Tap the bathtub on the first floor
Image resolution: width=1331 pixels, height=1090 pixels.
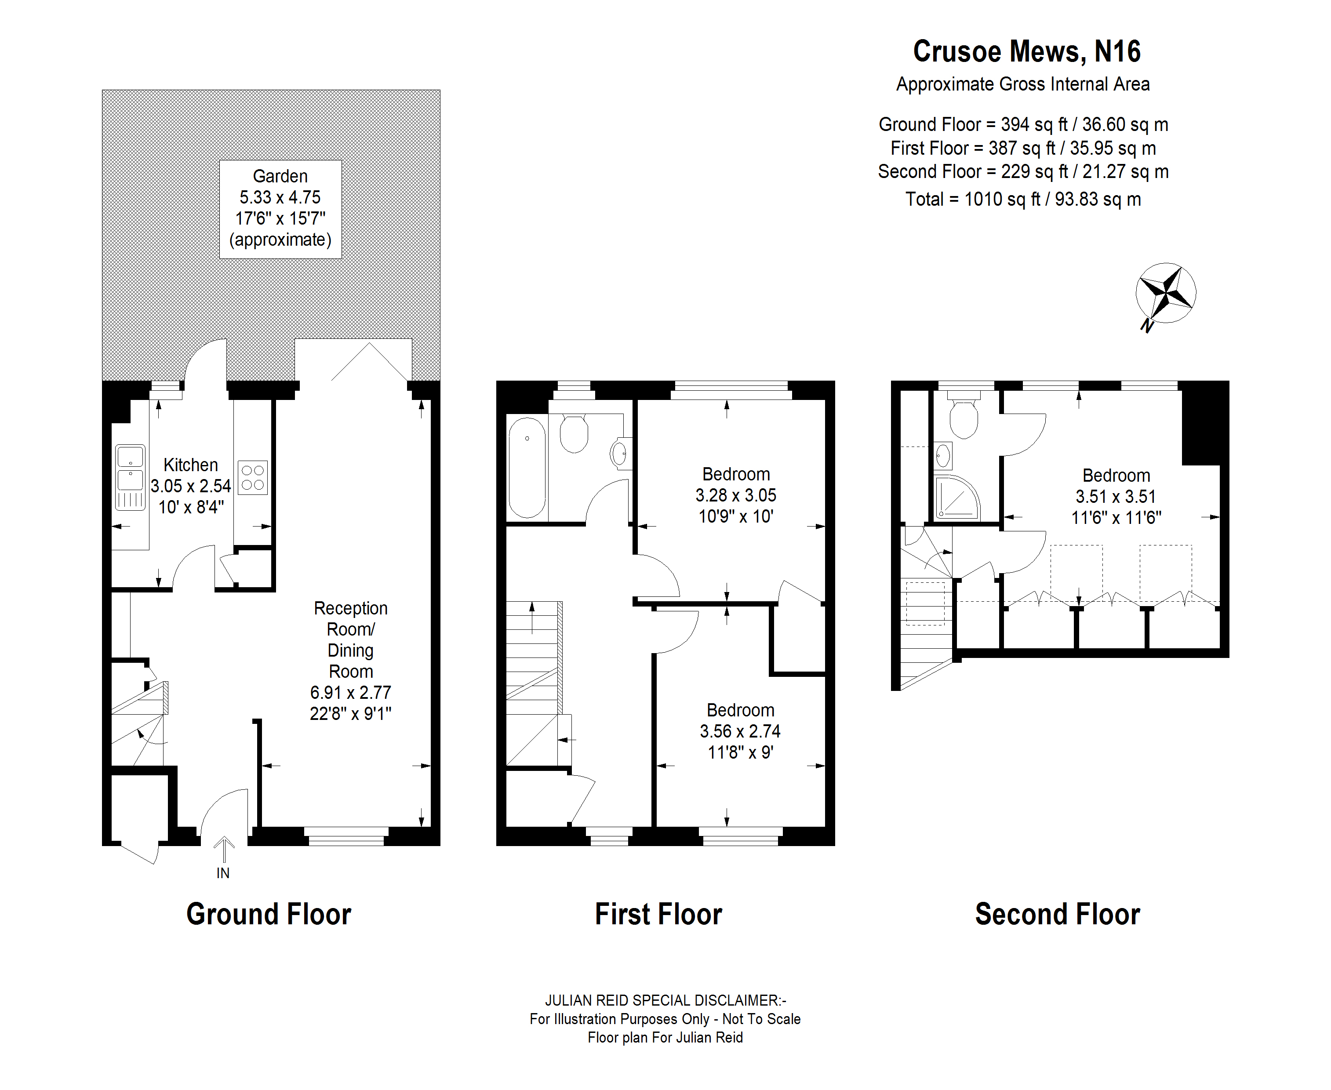click(x=527, y=467)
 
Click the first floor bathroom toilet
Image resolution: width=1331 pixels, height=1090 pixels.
click(x=574, y=433)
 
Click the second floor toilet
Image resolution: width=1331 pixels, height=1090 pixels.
click(x=964, y=414)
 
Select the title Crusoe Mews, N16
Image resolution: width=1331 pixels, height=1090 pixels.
click(x=1026, y=51)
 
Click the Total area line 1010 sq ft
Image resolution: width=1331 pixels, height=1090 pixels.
click(x=1023, y=200)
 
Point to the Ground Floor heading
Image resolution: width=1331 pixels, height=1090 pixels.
click(x=269, y=914)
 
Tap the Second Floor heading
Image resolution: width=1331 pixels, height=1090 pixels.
click(x=1057, y=914)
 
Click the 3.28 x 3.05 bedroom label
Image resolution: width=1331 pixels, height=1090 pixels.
click(x=736, y=495)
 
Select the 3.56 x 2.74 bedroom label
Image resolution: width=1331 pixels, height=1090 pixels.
click(x=740, y=731)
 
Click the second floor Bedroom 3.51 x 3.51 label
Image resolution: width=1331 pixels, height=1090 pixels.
click(x=1116, y=497)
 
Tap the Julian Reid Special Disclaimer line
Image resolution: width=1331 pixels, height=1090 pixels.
click(x=665, y=1000)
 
